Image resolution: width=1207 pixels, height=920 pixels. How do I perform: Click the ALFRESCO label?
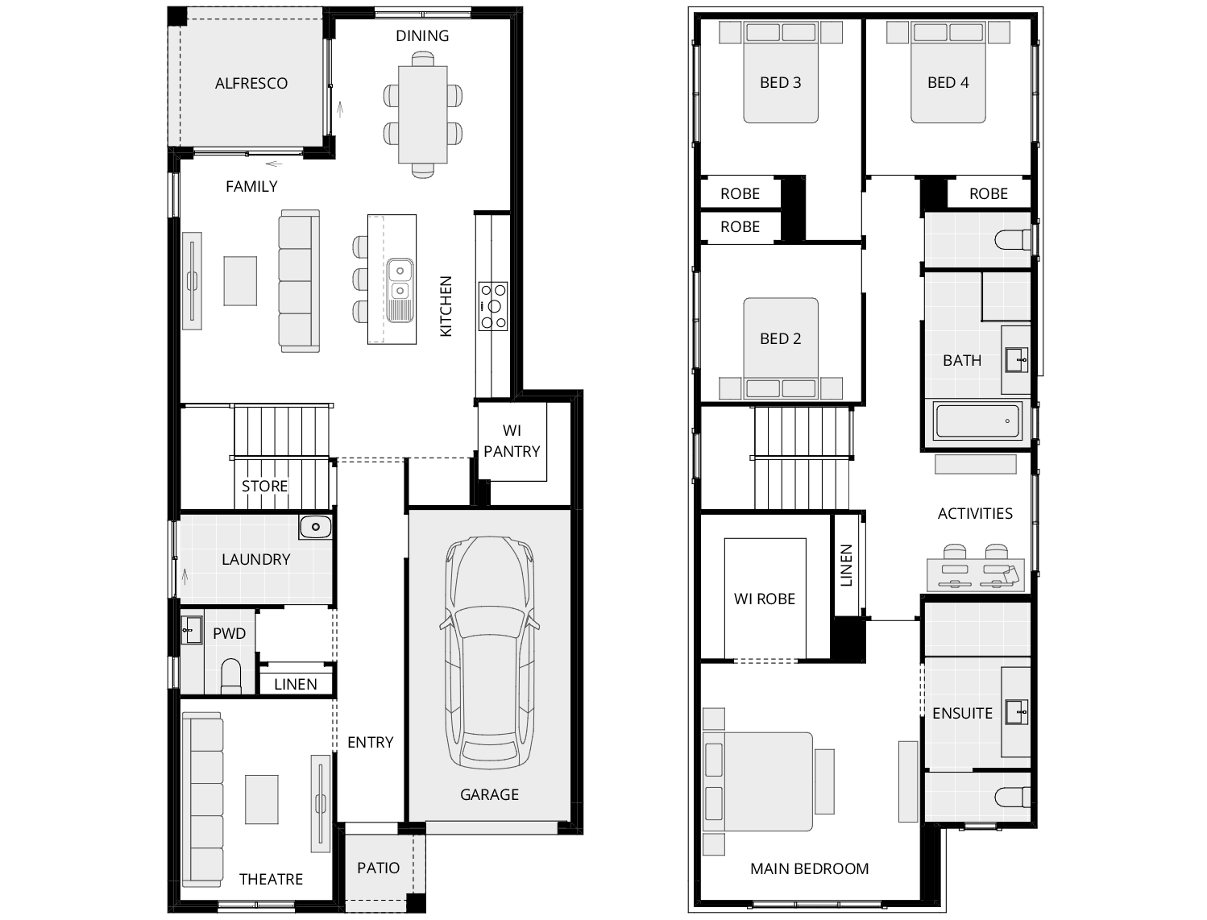pos(251,83)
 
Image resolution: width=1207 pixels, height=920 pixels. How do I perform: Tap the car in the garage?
pos(488,652)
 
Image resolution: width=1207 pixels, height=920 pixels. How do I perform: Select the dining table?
pos(423,114)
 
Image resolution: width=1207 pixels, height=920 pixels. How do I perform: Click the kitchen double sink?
pos(400,280)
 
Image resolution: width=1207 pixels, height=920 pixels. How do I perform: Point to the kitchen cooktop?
pos(493,306)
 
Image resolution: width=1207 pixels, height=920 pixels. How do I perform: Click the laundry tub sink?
pos(315,527)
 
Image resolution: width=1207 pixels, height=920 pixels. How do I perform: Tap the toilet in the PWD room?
pos(230,675)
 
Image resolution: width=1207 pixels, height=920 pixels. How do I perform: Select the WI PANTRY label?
pos(512,441)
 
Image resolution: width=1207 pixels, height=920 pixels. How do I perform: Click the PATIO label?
pos(378,868)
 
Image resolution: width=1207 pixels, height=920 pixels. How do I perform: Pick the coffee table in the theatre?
pos(261,799)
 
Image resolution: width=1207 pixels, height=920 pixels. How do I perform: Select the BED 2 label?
pos(780,338)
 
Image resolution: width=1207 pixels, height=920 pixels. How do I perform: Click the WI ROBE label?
pos(764,599)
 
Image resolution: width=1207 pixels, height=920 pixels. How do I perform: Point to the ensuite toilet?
pos(1012,797)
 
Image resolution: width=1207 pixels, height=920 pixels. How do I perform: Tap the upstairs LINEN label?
pos(846,565)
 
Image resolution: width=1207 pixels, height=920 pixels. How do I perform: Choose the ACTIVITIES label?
pos(975,513)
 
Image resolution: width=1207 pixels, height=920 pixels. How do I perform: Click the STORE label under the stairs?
pos(264,486)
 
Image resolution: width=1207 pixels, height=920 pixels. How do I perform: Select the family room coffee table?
pos(240,280)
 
